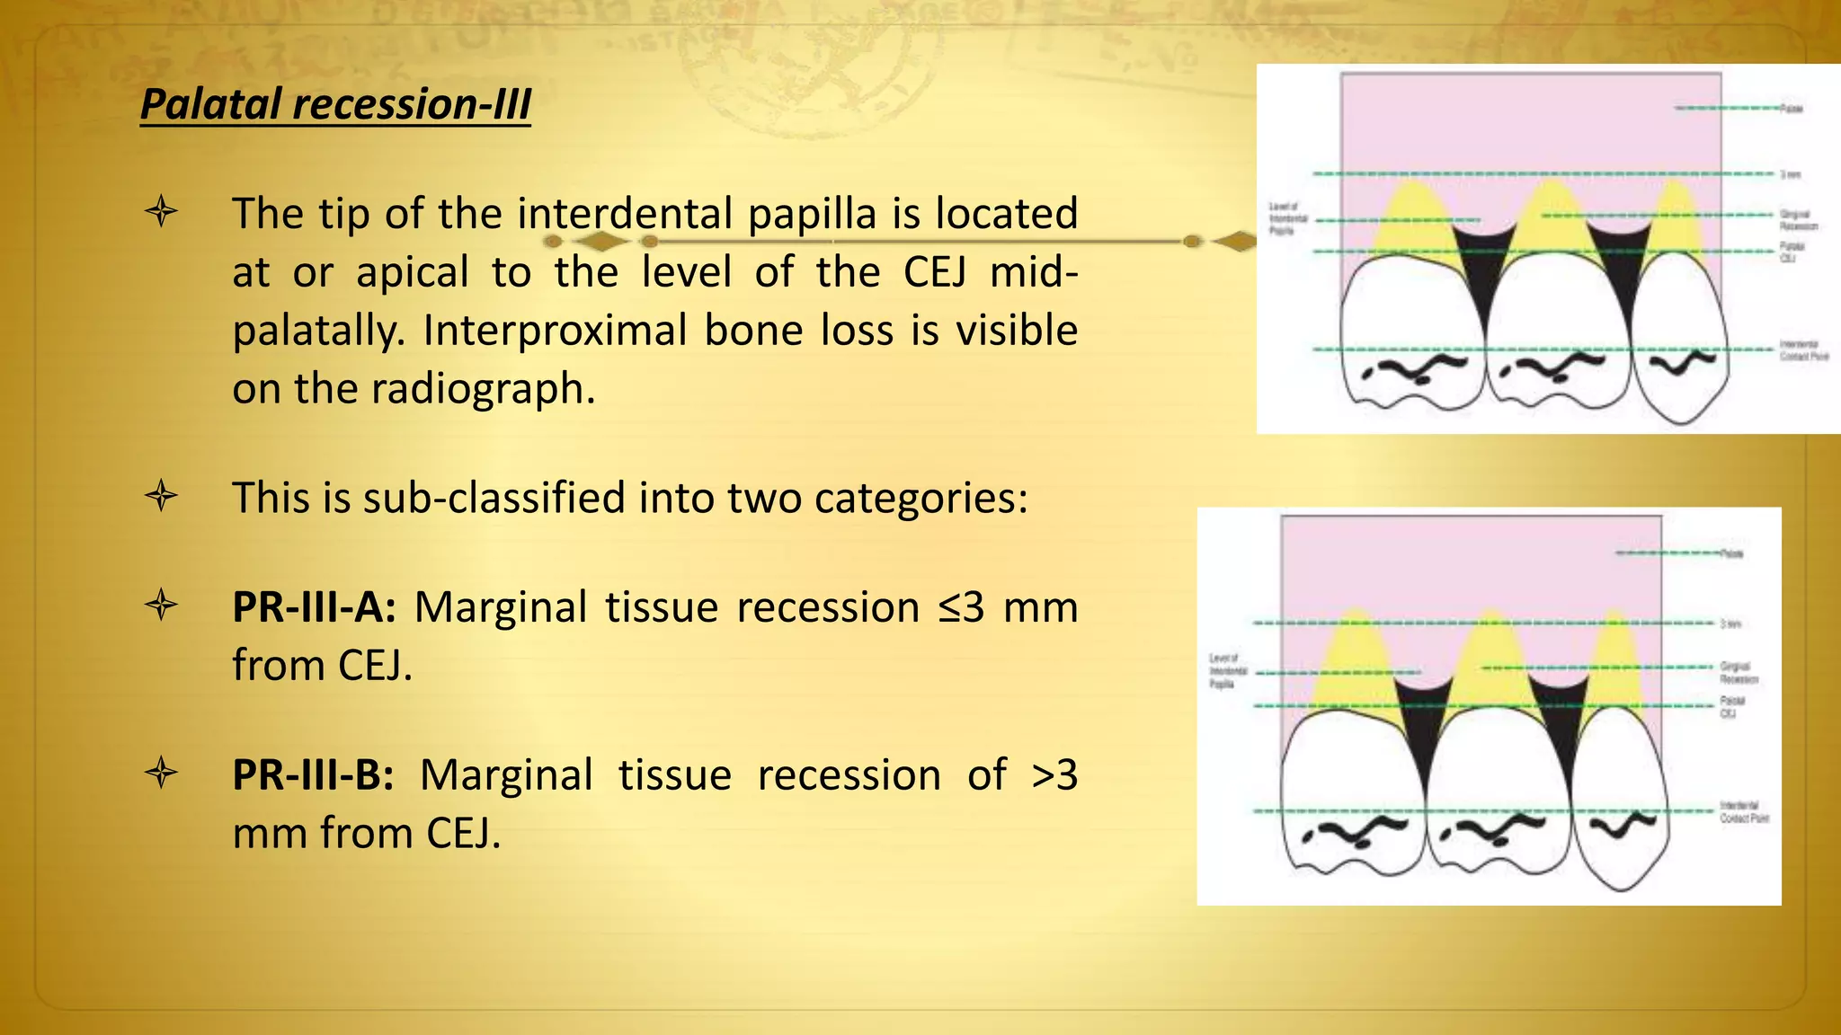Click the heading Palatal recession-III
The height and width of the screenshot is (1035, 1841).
335,104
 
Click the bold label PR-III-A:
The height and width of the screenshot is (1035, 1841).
314,607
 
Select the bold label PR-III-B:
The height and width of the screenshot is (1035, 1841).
313,775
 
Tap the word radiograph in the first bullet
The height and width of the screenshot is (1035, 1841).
483,389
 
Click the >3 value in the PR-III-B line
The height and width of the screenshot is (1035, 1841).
1054,775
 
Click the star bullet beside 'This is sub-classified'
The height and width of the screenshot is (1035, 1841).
162,496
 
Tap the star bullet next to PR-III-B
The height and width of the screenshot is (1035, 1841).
162,774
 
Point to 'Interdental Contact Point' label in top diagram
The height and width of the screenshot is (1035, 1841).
1802,350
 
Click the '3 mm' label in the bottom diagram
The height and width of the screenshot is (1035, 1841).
1730,624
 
